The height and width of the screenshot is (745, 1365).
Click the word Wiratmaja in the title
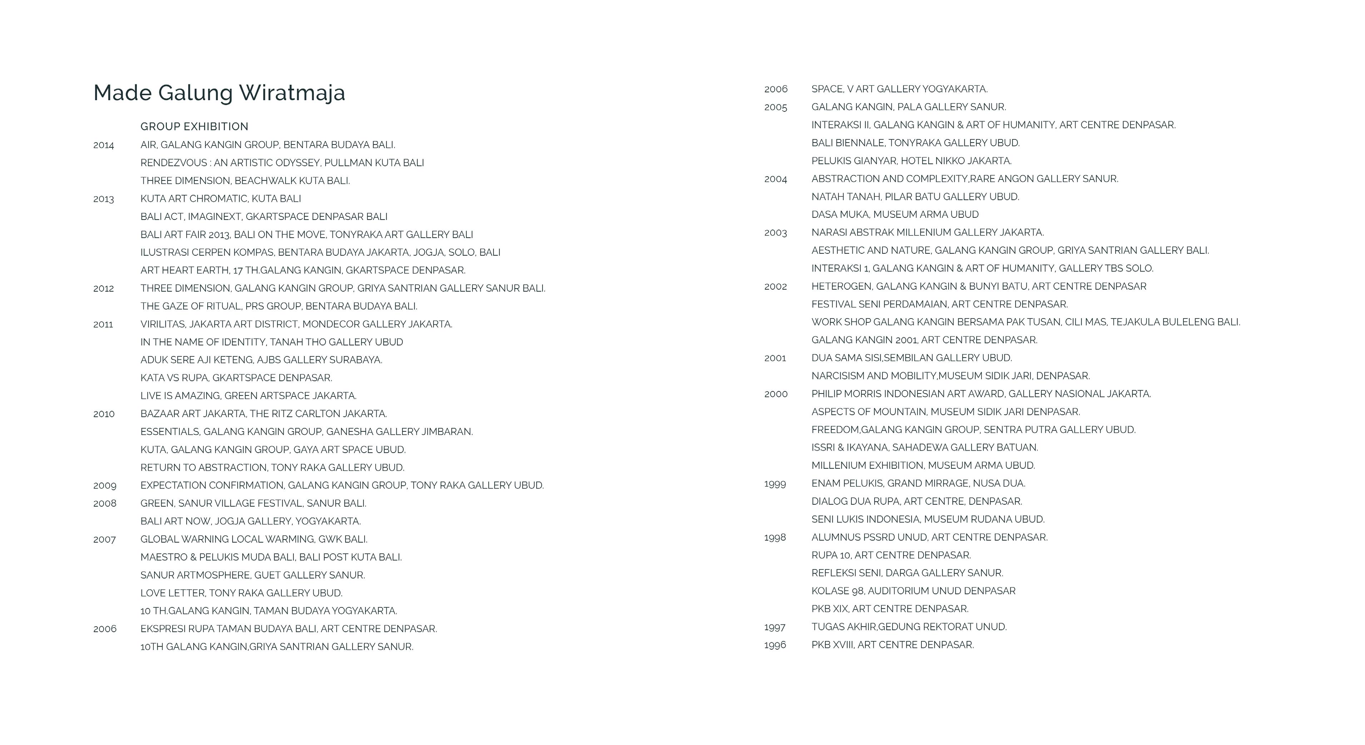click(292, 93)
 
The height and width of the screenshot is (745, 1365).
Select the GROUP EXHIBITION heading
click(194, 127)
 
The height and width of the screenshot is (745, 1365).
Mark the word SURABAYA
click(355, 360)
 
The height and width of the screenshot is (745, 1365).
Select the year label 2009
click(104, 486)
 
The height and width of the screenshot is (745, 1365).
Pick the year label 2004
click(775, 179)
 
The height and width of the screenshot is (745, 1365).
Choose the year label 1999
click(775, 484)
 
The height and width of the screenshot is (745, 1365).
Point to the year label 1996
click(775, 645)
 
